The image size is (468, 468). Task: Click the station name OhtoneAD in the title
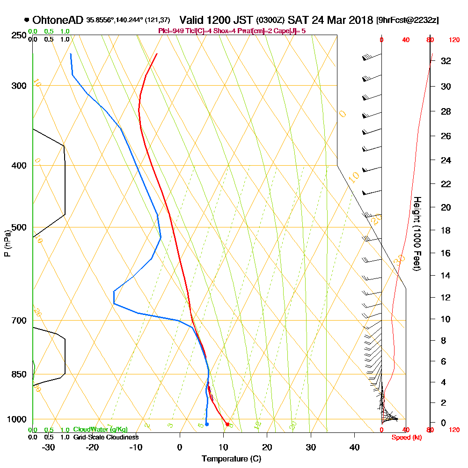58,20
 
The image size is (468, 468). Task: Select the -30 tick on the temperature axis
49,447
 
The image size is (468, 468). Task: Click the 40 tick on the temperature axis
355,447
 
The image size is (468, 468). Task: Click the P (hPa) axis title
7,243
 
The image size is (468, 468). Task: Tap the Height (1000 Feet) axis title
416,233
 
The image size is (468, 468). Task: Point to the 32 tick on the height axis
446,61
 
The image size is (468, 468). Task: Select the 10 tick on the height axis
446,319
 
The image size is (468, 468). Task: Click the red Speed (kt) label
405,438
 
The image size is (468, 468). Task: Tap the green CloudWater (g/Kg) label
100,430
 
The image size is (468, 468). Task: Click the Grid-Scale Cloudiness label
106,437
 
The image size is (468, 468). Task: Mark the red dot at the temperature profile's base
227,424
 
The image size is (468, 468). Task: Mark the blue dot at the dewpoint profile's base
207,424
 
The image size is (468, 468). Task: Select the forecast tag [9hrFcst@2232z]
407,21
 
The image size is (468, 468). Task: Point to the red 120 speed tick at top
454,40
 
